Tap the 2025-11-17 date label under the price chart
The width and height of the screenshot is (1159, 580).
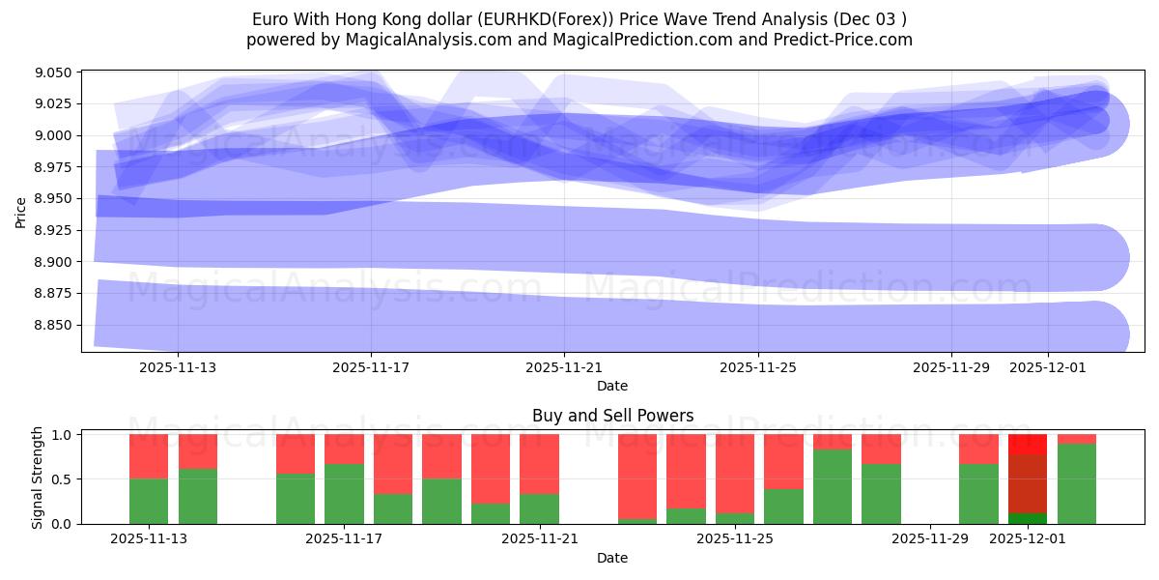coord(371,368)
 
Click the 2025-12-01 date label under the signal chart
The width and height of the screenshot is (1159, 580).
coord(1028,539)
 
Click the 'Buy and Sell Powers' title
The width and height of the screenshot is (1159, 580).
coord(612,416)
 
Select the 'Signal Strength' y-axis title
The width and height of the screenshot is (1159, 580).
coord(38,477)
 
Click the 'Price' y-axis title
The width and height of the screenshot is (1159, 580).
coord(21,213)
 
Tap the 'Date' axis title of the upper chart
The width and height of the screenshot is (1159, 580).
coord(612,386)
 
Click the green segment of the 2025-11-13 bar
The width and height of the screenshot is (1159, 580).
coord(149,501)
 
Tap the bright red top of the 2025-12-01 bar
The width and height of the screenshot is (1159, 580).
coord(1028,444)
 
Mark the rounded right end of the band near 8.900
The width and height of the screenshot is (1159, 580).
coord(1111,258)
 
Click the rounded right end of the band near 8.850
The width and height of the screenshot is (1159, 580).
coord(1111,334)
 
